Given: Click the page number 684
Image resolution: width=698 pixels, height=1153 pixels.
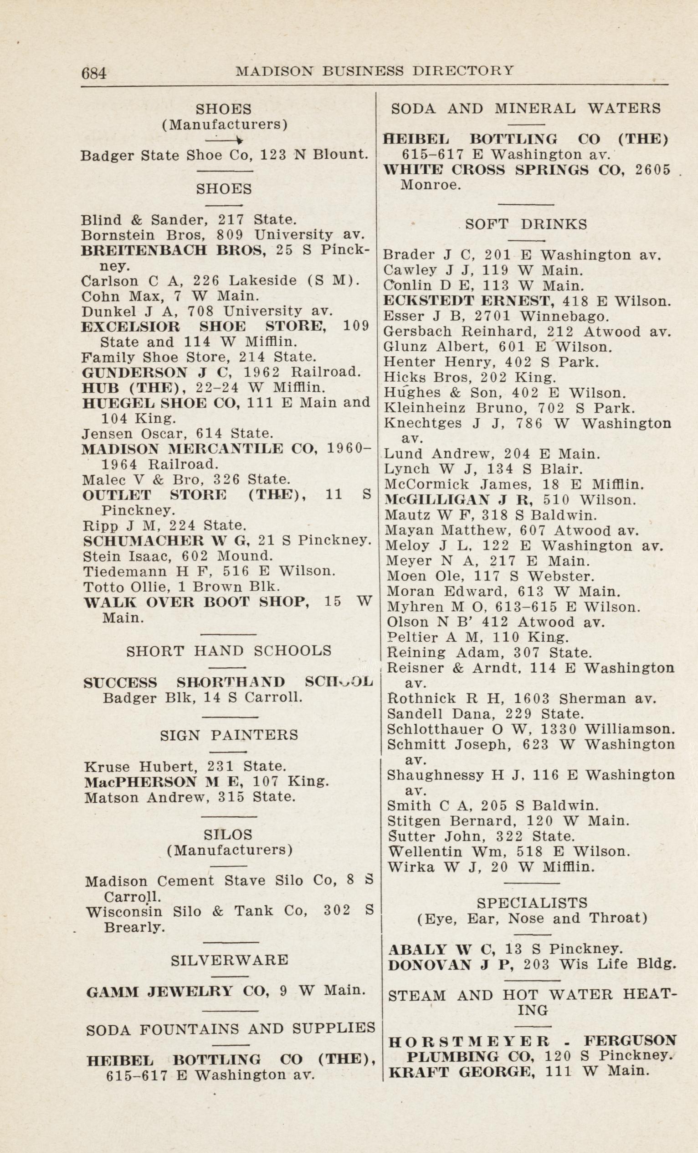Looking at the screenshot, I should [x=94, y=73].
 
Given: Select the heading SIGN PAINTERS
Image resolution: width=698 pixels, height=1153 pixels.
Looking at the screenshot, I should [x=229, y=735].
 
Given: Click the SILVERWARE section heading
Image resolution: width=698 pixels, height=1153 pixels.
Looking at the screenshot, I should [x=230, y=960].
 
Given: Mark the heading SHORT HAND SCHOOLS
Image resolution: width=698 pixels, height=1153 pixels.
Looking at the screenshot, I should [x=229, y=650].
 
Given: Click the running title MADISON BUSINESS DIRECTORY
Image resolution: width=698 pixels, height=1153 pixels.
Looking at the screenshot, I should [x=375, y=70].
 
